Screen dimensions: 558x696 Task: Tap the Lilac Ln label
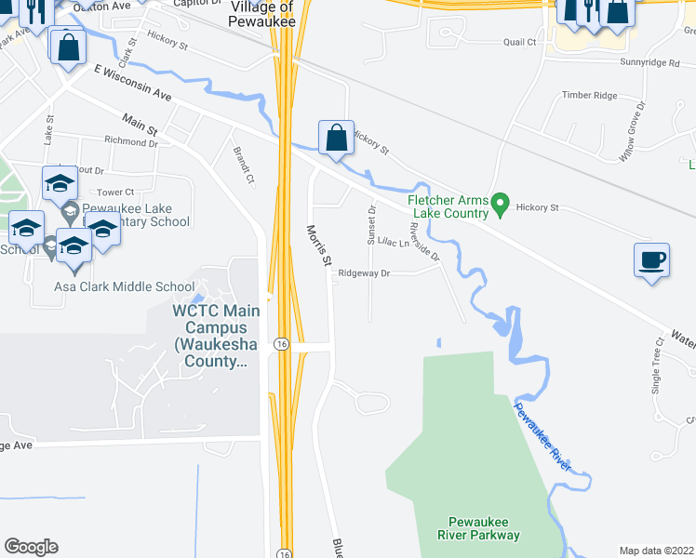393,244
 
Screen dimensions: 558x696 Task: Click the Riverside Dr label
423,239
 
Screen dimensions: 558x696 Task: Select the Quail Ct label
520,42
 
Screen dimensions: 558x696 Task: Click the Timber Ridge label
589,96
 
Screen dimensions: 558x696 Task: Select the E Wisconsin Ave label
133,82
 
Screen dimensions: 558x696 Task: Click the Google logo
31,547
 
